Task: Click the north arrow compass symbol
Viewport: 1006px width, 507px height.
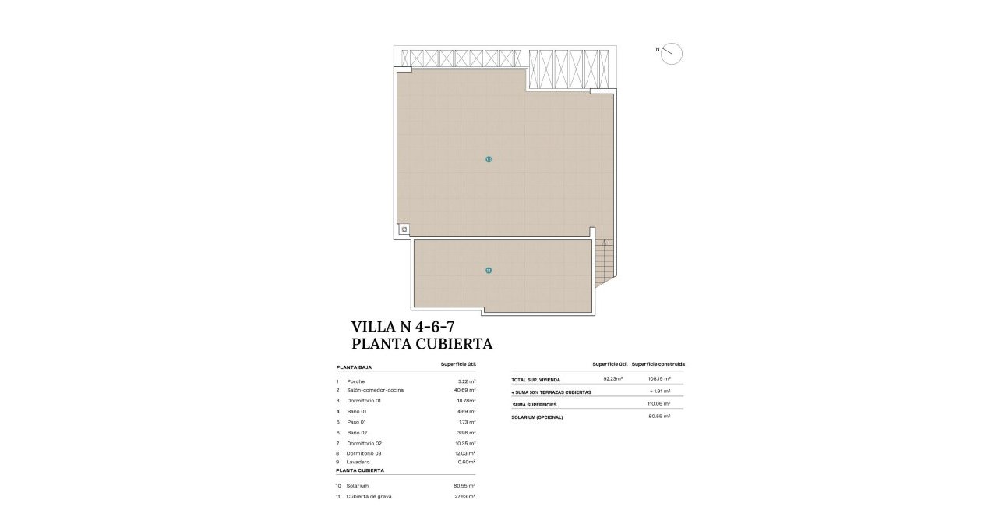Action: click(671, 54)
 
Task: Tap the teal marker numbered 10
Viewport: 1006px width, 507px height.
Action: click(489, 159)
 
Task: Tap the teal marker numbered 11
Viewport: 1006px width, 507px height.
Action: click(489, 271)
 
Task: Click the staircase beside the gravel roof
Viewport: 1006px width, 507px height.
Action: click(604, 263)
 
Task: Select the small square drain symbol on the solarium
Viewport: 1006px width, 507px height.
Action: click(404, 229)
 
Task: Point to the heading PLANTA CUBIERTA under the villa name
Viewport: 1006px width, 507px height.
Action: click(422, 344)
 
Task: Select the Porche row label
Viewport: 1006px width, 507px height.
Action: click(356, 381)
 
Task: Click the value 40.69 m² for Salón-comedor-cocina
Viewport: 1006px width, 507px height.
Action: click(464, 390)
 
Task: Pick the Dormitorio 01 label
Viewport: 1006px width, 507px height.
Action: click(364, 401)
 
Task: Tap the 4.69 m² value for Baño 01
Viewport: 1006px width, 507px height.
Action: click(466, 411)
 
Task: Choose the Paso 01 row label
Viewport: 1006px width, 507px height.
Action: click(357, 422)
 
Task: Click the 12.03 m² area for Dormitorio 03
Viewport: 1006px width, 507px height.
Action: click(465, 453)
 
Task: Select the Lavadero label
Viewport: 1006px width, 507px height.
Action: click(358, 462)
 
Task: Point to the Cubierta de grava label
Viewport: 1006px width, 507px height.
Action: click(368, 496)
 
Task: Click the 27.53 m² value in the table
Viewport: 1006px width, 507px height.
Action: click(464, 496)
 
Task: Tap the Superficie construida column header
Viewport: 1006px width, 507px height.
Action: click(658, 364)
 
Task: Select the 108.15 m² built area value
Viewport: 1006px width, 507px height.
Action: click(660, 379)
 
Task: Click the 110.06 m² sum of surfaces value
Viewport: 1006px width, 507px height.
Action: click(660, 404)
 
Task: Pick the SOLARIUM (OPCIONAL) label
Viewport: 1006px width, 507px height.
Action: click(537, 417)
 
